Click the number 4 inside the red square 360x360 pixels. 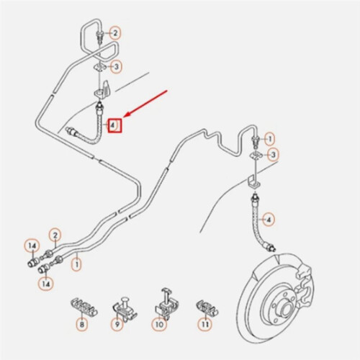pos(112,125)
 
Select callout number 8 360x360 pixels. pos(82,325)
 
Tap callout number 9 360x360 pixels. pos(117,325)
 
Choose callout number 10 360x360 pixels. pos(159,325)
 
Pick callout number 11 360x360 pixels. pos(204,325)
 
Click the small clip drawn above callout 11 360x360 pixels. pos(207,307)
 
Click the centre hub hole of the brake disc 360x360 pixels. pos(283,307)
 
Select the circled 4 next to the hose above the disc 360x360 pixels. pos(269,220)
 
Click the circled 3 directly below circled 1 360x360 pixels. pos(274,155)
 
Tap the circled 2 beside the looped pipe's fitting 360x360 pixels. pos(115,33)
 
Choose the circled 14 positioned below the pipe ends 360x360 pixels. pos(46,284)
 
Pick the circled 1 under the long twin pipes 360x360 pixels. pos(77,265)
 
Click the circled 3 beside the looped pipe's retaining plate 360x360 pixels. pos(116,67)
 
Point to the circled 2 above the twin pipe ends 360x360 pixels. pos(55,235)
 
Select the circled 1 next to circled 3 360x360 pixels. pos(270,139)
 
